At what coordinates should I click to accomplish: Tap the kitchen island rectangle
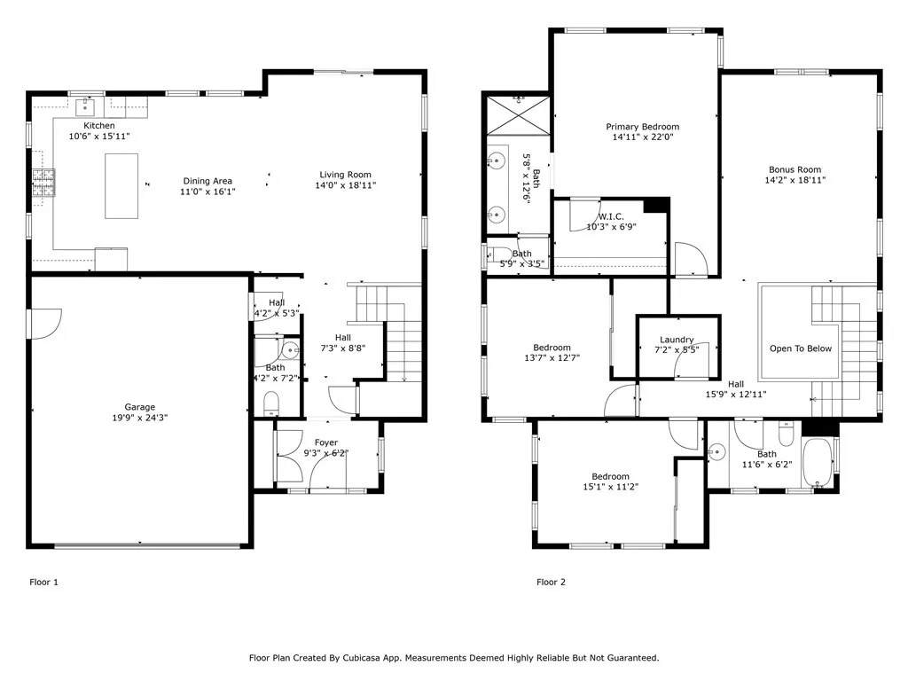(121, 186)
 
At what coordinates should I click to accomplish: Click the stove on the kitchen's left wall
(41, 184)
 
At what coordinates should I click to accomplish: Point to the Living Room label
(346, 175)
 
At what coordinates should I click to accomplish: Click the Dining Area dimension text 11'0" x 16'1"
(207, 192)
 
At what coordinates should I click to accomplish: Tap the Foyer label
(326, 442)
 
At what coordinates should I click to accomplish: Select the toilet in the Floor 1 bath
(271, 405)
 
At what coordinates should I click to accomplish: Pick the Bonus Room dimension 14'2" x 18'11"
(794, 180)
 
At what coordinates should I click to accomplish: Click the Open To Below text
(800, 348)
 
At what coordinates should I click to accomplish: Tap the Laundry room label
(677, 340)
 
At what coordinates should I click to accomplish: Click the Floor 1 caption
(43, 582)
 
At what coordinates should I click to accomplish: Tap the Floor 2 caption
(550, 582)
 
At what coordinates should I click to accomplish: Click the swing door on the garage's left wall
(44, 323)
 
